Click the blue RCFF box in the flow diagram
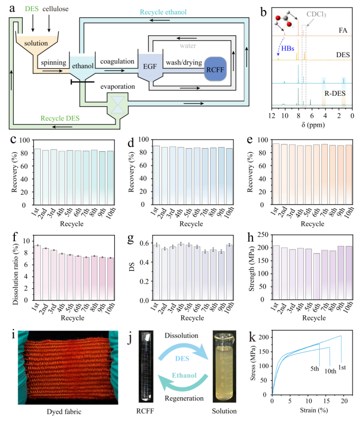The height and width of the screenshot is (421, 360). (x=215, y=69)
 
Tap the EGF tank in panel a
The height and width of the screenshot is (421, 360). (x=150, y=67)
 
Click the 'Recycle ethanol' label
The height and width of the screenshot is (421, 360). (x=163, y=12)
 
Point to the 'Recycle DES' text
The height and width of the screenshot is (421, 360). (x=60, y=118)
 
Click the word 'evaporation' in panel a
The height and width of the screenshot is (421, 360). (x=118, y=87)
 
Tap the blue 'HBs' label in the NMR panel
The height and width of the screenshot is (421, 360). (x=287, y=49)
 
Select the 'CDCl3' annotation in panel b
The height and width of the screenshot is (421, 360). (x=316, y=14)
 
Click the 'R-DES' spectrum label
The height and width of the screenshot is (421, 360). (x=335, y=94)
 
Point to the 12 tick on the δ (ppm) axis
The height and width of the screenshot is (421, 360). (x=272, y=116)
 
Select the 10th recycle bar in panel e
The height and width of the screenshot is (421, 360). (x=349, y=175)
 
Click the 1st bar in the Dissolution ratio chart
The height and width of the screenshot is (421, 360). (x=38, y=273)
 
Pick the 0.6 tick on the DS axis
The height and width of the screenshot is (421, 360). (x=144, y=243)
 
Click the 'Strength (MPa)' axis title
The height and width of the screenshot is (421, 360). (x=251, y=269)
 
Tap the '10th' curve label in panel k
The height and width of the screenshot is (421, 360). (x=330, y=371)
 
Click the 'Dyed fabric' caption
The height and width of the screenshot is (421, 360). (x=64, y=411)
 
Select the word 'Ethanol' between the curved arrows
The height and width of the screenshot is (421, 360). (x=184, y=376)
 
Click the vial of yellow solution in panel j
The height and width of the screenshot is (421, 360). (x=224, y=367)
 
